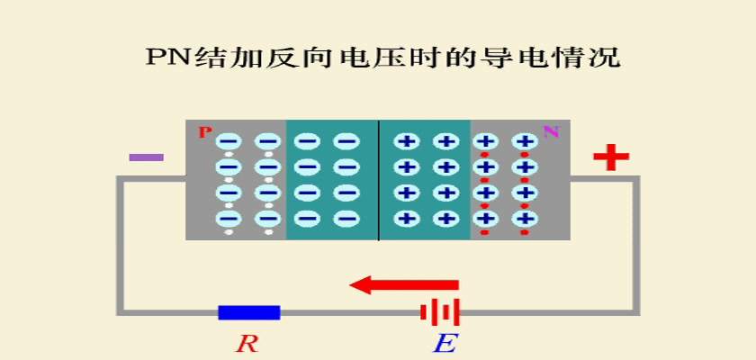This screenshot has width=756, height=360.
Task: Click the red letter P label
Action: pos(205,132)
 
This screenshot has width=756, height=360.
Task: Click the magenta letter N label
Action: pos(551,131)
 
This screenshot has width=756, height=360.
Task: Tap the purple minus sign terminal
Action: pos(147,157)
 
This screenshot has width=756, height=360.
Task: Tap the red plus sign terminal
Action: pos(611,157)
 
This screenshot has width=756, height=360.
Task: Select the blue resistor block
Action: pos(248,312)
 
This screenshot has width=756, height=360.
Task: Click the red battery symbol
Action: pos(440,312)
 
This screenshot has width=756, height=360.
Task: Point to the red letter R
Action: pos(248,344)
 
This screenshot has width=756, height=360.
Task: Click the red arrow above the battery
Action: pos(403,284)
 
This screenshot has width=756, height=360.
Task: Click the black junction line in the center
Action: pos(379,180)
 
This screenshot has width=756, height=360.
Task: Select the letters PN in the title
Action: pos(169,58)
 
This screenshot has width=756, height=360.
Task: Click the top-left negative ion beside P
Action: pos(228,141)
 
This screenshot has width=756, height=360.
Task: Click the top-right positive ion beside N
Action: pos(526,141)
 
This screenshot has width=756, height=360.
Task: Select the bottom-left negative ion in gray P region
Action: pos(228,219)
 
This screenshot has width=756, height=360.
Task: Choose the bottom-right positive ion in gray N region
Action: pos(526,219)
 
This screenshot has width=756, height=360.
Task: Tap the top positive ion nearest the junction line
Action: pos(407,141)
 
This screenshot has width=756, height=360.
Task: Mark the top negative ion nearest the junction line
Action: pos(346,141)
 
